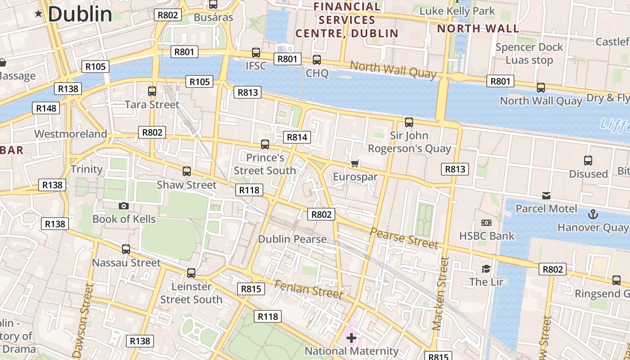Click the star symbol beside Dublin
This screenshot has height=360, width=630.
(39, 14)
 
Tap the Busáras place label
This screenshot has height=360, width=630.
(213, 17)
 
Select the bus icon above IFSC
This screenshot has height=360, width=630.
(256, 53)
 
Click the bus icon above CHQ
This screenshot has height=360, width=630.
(317, 60)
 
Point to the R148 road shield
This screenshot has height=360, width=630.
(46, 108)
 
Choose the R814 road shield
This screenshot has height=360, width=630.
(297, 137)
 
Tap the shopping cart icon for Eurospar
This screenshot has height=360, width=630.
(355, 163)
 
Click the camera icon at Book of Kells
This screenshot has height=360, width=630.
(124, 206)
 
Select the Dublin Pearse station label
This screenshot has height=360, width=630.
(292, 239)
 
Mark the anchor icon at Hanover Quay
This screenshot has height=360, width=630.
(593, 214)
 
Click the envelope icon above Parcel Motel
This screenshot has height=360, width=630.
(546, 196)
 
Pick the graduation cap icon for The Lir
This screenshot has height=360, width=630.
(486, 269)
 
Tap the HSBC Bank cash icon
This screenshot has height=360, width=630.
(486, 223)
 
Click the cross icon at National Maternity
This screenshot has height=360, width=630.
(351, 337)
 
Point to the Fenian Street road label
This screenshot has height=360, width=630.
(308, 289)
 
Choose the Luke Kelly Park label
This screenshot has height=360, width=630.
(457, 11)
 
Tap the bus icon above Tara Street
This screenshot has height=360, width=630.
(152, 91)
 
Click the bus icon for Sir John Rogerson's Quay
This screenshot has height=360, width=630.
(409, 122)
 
